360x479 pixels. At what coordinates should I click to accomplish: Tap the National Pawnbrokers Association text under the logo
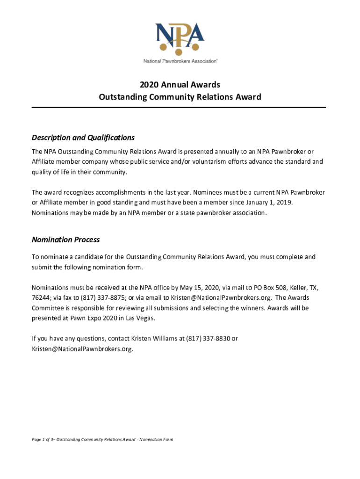point(180,61)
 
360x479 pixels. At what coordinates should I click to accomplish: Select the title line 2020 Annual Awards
point(180,85)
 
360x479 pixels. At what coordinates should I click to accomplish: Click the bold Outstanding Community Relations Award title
point(180,97)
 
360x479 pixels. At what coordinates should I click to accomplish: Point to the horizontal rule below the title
point(179,108)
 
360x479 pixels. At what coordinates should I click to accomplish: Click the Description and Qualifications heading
point(83,138)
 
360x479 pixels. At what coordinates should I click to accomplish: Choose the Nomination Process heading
point(65,239)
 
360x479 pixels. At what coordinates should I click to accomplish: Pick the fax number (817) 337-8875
point(97,298)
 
